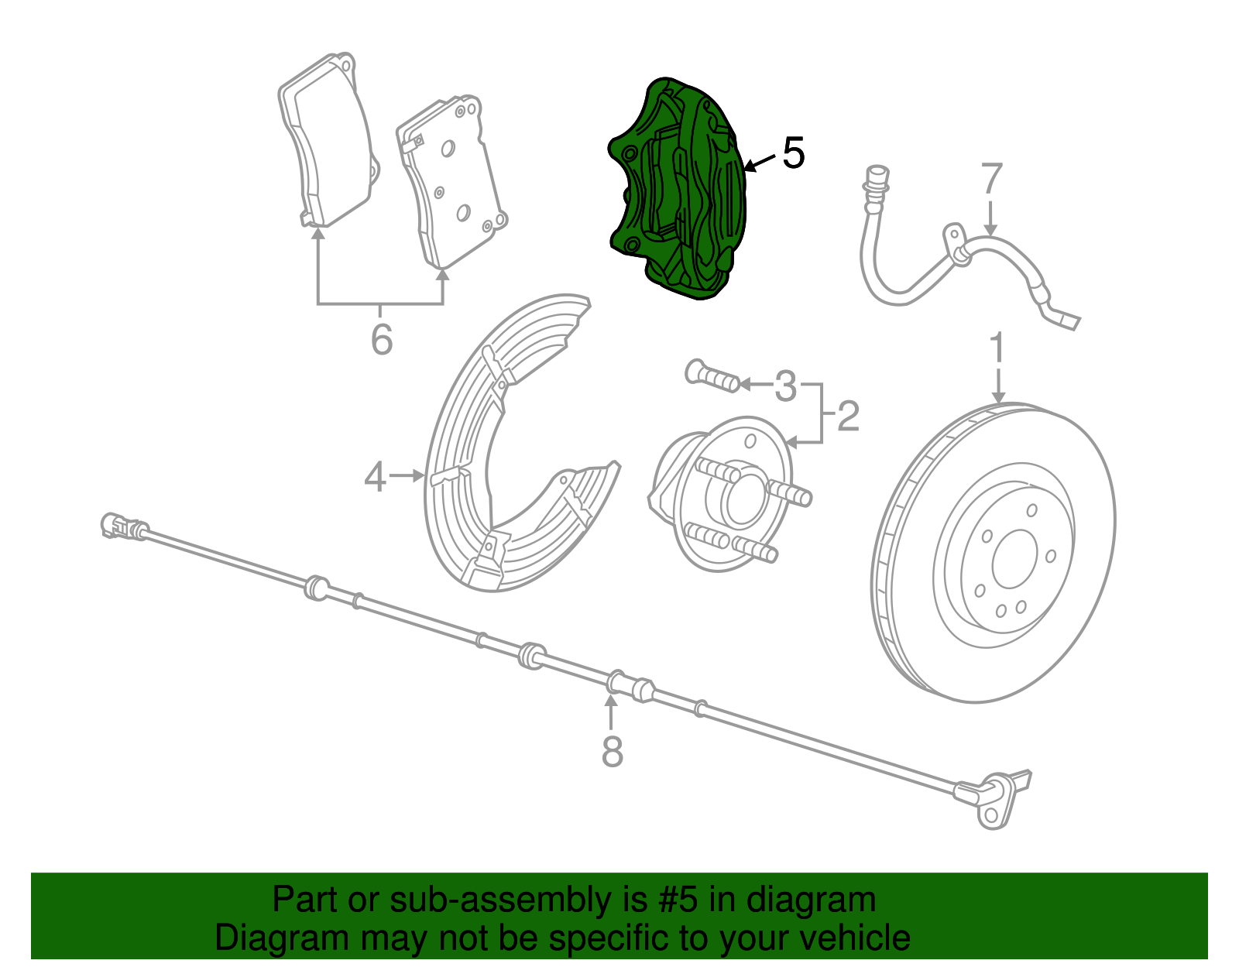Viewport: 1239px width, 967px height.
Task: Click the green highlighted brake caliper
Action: (678, 190)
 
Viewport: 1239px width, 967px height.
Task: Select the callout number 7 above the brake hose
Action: (991, 179)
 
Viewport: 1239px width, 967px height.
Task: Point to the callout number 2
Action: (848, 417)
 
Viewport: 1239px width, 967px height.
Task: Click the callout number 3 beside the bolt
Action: (785, 385)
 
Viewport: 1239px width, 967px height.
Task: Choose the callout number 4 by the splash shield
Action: (375, 477)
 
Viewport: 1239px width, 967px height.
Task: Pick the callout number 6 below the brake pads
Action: (381, 339)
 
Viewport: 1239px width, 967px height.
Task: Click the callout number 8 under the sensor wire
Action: (612, 751)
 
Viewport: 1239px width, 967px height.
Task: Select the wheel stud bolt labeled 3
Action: (711, 377)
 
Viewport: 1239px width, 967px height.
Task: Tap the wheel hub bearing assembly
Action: (724, 496)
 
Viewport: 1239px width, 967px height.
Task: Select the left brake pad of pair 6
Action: (325, 139)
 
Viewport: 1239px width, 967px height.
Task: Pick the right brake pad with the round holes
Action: (453, 182)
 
